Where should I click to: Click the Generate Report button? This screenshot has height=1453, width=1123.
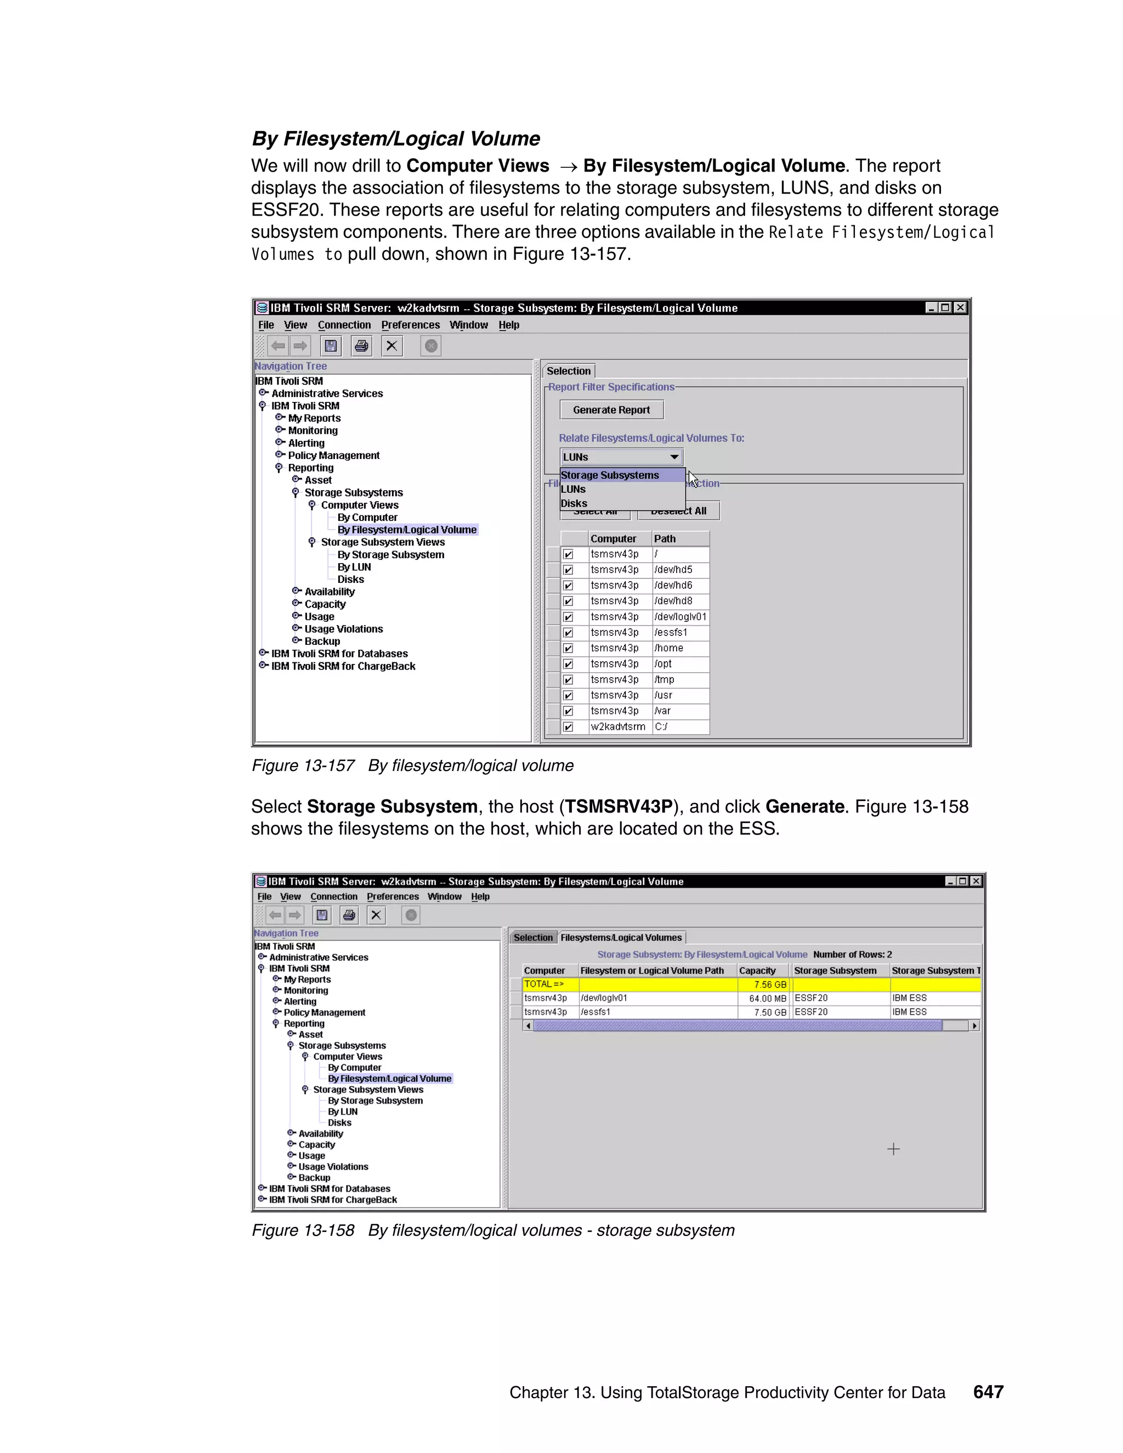611,410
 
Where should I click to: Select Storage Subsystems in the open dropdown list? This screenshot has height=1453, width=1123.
609,475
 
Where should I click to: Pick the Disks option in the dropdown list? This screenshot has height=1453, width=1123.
574,504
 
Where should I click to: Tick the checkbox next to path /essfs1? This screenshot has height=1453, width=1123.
568,633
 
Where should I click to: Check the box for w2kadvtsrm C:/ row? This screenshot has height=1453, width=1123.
568,727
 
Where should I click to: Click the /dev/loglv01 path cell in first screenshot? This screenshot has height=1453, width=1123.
680,617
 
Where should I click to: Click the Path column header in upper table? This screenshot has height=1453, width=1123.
665,539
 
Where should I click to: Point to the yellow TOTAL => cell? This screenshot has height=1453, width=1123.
543,984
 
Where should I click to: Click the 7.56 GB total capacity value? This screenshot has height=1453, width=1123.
770,985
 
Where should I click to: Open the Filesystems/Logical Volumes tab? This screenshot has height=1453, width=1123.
621,938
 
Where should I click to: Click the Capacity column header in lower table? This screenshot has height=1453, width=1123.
757,970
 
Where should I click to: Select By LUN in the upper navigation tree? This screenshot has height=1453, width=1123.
354,567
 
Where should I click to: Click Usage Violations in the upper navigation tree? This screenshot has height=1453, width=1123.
343,629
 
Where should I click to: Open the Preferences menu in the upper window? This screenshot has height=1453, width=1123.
410,325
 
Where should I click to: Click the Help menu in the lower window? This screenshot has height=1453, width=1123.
480,897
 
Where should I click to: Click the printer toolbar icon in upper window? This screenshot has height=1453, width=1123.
361,346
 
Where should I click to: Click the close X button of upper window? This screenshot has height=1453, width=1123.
960,308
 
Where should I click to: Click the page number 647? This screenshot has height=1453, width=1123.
988,1392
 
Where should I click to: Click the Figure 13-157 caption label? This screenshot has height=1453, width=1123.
303,766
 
